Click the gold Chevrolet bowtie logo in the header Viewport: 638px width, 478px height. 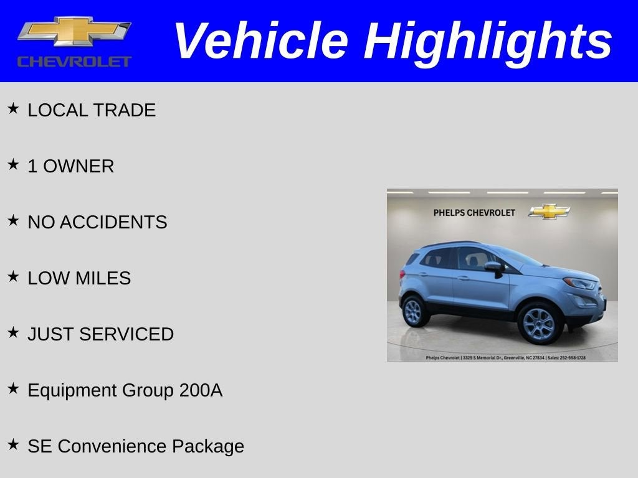74,31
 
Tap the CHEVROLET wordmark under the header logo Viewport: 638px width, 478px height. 74,62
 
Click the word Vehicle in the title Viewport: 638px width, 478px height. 260,41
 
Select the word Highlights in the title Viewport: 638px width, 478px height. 488,41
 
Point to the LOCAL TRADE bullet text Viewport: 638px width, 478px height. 92,110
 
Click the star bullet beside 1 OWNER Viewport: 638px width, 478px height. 13,165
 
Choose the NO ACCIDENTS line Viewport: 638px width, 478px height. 97,222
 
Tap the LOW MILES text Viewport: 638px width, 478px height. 79,278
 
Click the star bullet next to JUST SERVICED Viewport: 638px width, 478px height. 13,333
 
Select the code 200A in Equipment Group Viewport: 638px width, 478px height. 201,390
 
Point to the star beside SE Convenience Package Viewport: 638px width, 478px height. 13,445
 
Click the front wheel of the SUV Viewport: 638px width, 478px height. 539,322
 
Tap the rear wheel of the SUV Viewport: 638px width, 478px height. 414,311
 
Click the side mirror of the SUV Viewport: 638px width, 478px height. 495,267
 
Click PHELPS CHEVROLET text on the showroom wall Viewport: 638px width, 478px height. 474,213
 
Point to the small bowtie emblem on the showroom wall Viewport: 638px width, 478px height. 549,212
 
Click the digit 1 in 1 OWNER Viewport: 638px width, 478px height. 32,166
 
